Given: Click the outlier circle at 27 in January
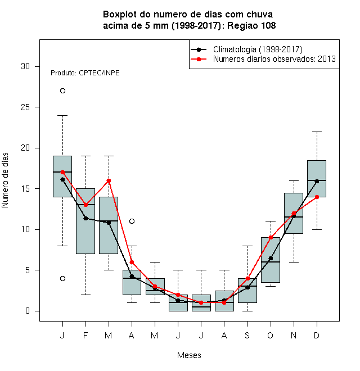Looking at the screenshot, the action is point(62,91).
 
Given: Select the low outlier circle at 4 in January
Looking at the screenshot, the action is point(62,278).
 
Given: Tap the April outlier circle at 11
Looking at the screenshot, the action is point(132,221).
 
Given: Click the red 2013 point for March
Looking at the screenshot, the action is point(109,181).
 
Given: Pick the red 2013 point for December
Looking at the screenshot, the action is point(317,197).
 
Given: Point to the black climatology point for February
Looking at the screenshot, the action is point(85,218).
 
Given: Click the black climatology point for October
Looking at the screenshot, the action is point(271,258).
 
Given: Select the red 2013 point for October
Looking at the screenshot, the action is point(271,237).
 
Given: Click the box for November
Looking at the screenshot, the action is point(294,213).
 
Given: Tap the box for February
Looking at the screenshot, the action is point(85,221).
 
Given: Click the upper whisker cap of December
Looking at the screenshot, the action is point(317,132).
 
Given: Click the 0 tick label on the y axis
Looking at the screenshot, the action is point(28,311).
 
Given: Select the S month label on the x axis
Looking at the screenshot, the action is point(247,335).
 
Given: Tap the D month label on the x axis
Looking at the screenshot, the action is point(317,335).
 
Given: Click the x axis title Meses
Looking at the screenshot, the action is point(189,355).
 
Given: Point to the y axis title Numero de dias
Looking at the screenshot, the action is point(5,180).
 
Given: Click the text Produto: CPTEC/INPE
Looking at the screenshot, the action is point(85,73).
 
